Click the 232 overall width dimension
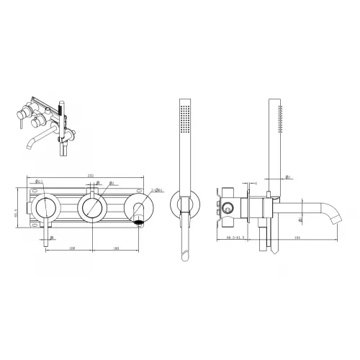click(90, 175)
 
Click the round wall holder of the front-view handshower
click(186, 208)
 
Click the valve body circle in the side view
click(229, 208)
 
